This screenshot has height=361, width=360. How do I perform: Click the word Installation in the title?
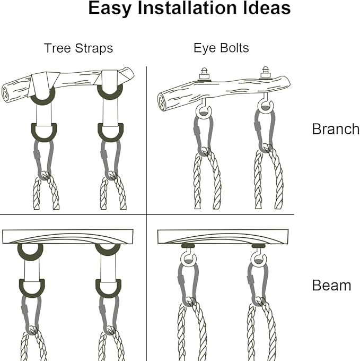[x=187, y=8]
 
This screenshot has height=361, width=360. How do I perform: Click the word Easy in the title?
[x=110, y=8]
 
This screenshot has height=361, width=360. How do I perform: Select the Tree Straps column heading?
[x=78, y=48]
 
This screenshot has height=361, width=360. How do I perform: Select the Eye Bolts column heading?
[x=221, y=48]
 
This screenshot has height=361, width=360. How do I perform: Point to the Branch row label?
[x=336, y=129]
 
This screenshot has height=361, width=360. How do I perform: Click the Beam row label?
[x=331, y=286]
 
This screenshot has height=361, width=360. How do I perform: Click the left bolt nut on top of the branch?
[x=204, y=74]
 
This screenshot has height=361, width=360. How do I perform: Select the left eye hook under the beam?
[x=188, y=257]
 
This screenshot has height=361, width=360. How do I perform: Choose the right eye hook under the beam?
[x=259, y=257]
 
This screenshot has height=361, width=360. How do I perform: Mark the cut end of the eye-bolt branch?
[x=163, y=102]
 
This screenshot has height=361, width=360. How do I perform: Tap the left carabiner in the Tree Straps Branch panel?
[x=43, y=159]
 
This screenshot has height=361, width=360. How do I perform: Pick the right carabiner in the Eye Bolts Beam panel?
[x=258, y=284]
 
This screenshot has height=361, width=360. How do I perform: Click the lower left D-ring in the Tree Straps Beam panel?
[x=32, y=289]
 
